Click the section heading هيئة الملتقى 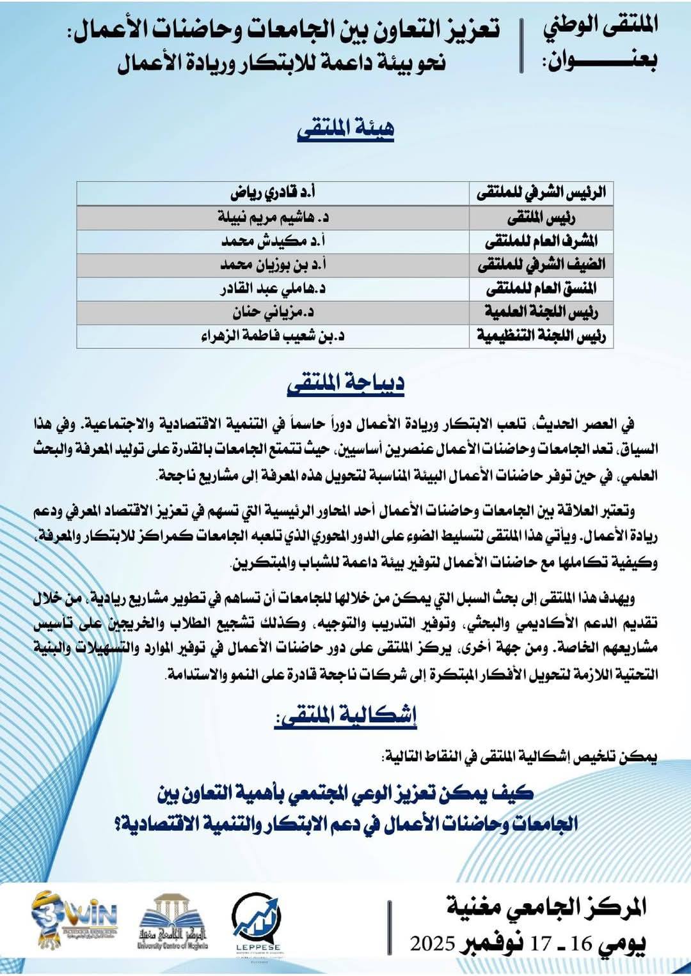(x=345, y=128)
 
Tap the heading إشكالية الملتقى (x=345, y=715)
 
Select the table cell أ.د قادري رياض (x=273, y=192)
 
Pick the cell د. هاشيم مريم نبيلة (x=273, y=217)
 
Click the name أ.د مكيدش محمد (x=273, y=241)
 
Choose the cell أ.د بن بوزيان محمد (x=273, y=265)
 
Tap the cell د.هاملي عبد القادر (x=273, y=288)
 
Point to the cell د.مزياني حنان (x=273, y=312)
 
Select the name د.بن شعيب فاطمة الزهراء (x=273, y=336)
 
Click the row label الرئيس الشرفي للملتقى (x=541, y=192)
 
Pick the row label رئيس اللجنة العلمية (x=541, y=312)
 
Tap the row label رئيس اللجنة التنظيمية (x=541, y=336)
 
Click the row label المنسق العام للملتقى (x=541, y=288)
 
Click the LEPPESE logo (x=257, y=924)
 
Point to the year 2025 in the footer (x=433, y=943)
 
